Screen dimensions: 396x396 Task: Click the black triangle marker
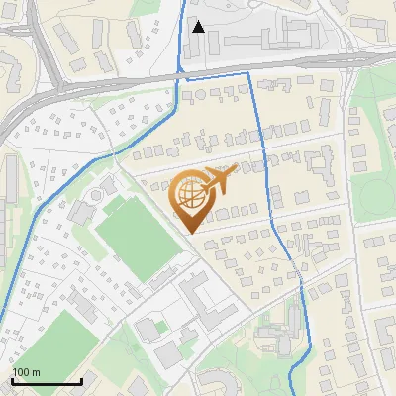coord(199,27)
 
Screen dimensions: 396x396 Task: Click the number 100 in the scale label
coord(22,372)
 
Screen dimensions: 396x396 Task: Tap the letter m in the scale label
coord(36,372)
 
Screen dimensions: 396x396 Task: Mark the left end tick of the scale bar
coord(11,380)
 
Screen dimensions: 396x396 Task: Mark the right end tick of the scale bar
coord(81,380)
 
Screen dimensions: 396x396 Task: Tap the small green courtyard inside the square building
coord(159,329)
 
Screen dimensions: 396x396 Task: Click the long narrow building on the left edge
coord(9,187)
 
